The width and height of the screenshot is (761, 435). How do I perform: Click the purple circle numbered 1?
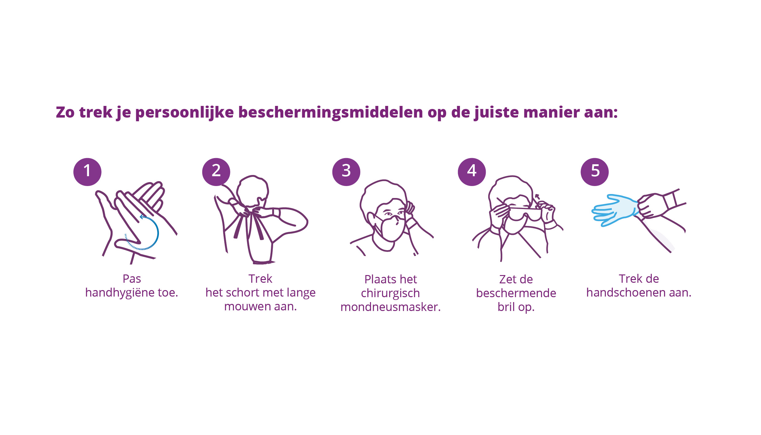(87, 172)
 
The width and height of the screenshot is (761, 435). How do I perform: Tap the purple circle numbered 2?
(216, 172)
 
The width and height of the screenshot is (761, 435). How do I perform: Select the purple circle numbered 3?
(346, 172)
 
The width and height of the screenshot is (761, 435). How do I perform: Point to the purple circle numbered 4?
(472, 172)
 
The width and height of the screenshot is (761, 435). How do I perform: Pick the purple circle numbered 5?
(595, 172)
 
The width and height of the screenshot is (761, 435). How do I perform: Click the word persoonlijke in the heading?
(184, 113)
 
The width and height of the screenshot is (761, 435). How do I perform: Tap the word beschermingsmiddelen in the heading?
(330, 113)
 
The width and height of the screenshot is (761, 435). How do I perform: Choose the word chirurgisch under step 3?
(390, 293)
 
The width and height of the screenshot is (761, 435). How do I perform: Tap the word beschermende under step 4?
(516, 293)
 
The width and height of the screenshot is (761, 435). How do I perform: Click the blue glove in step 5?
(616, 210)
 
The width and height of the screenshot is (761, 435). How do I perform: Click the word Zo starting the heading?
(65, 112)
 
